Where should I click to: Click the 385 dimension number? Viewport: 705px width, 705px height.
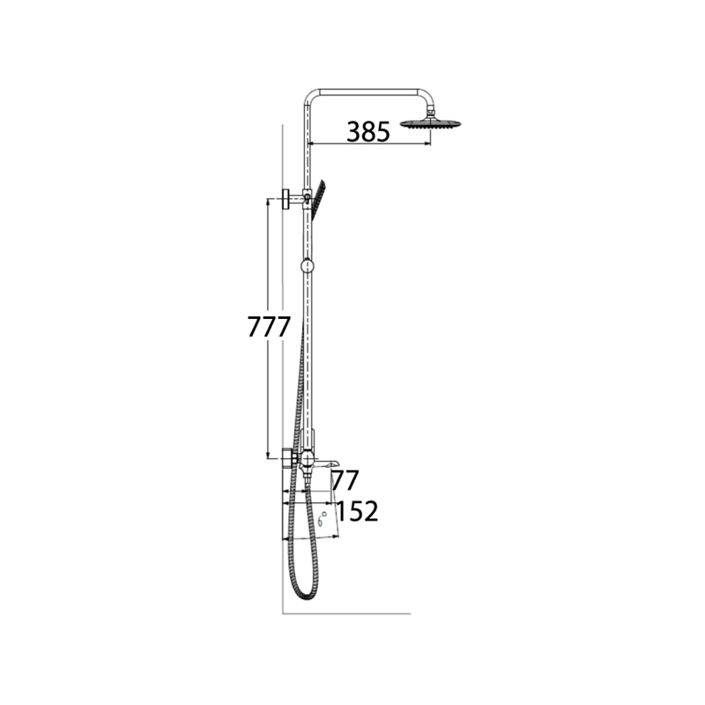click(368, 131)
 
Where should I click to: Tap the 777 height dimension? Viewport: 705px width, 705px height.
click(269, 327)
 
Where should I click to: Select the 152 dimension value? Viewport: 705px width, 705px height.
click(357, 511)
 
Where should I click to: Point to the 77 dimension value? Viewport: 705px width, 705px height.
click(345, 480)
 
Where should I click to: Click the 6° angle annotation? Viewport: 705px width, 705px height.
click(322, 519)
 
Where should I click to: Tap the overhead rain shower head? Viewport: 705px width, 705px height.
click(432, 123)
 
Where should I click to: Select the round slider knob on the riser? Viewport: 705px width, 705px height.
click(308, 266)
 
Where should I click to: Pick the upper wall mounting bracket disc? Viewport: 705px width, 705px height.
click(286, 199)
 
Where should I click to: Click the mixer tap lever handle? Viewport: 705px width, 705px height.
click(325, 464)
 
